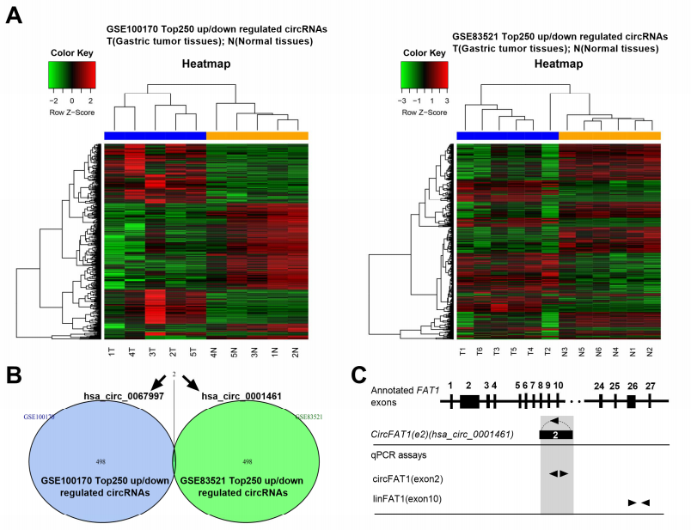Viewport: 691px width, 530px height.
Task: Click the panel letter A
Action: [14, 15]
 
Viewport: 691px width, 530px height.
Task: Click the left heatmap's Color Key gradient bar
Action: [71, 76]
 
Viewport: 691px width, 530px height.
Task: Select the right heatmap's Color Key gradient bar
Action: [425, 76]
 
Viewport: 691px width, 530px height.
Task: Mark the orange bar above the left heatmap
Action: [257, 136]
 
